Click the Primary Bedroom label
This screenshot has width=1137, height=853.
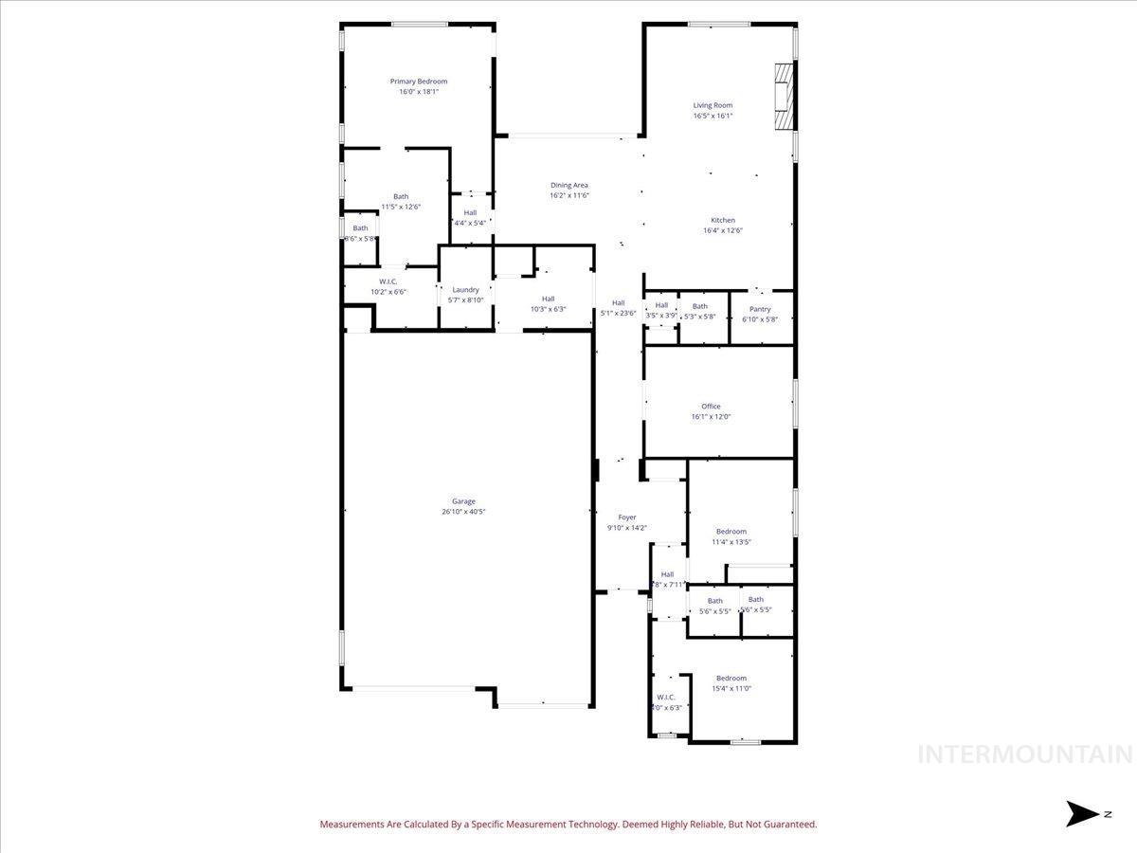coord(418,82)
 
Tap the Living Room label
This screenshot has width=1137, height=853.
coord(713,105)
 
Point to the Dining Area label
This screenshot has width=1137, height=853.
coord(569,185)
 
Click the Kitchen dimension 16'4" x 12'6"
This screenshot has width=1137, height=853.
coord(723,230)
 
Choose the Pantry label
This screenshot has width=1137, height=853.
coord(760,309)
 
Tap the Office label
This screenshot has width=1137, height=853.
coord(711,406)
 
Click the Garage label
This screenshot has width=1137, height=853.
coord(463,501)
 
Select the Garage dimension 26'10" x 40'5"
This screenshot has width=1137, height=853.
coord(463,512)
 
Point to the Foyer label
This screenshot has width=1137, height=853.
coord(627,517)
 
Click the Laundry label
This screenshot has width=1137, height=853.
coord(465,290)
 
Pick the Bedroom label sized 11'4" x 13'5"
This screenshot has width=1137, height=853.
coord(731,532)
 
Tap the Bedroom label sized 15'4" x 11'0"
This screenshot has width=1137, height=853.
coord(731,678)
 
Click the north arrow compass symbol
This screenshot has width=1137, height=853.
coord(1081,813)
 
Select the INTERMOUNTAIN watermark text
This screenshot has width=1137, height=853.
coord(1025,754)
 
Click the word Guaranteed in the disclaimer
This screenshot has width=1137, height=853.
coord(788,825)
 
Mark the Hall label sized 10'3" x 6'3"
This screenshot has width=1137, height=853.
coord(548,299)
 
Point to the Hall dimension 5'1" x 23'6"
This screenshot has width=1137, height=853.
coord(618,313)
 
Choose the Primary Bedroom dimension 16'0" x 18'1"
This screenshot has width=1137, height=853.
coord(418,92)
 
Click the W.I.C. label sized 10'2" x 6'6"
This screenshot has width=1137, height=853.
coord(388,281)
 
